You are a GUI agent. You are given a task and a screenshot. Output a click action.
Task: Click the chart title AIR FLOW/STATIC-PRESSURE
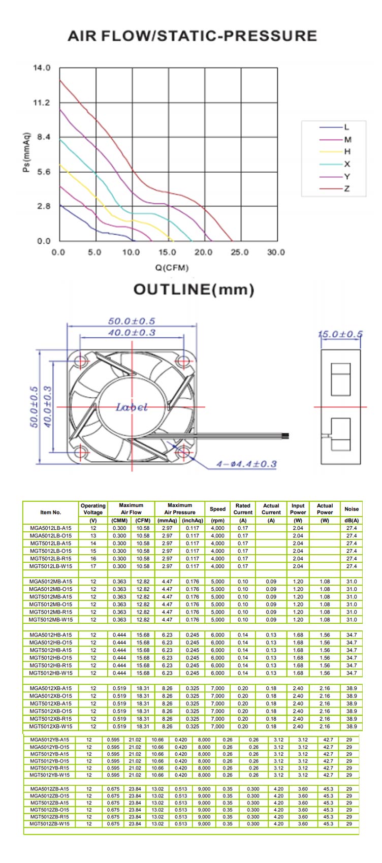coord(193,36)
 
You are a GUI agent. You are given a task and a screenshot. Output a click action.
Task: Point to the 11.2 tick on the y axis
coord(42,103)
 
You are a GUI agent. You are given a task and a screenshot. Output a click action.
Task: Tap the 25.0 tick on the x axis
coord(240,252)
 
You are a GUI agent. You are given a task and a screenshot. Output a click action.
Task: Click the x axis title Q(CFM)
coord(172,267)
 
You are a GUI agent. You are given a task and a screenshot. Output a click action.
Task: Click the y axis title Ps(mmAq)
coord(26,152)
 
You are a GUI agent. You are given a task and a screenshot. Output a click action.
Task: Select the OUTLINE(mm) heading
coord(194,290)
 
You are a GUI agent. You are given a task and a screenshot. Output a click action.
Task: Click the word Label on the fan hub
coord(132,407)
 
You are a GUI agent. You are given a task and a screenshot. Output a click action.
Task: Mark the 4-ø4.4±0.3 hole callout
coord(246,464)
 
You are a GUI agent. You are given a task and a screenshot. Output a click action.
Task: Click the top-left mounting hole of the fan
coord(81,361)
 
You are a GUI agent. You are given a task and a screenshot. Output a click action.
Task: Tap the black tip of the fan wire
coord(285,436)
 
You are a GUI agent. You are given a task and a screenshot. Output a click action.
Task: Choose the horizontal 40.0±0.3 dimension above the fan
coord(132,333)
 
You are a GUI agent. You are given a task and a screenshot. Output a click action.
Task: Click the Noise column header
coord(352,509)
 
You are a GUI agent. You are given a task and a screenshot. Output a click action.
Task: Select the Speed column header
coord(218,509)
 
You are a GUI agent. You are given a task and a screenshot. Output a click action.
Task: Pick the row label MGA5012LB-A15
coord(50,528)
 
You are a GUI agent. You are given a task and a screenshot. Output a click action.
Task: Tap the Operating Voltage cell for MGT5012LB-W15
coord(93,566)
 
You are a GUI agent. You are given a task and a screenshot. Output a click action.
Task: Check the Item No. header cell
coord(51,513)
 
